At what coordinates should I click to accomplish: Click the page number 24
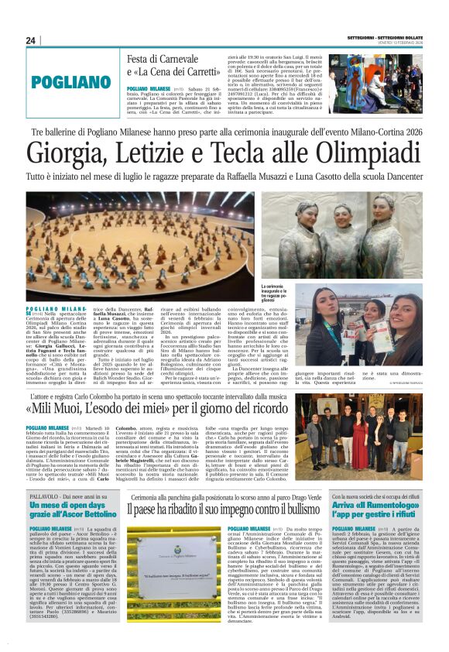pyautogui.click(x=31, y=40)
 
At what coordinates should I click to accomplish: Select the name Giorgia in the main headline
pyautogui.click(x=67, y=154)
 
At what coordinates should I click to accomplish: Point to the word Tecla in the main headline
pyautogui.click(x=248, y=154)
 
